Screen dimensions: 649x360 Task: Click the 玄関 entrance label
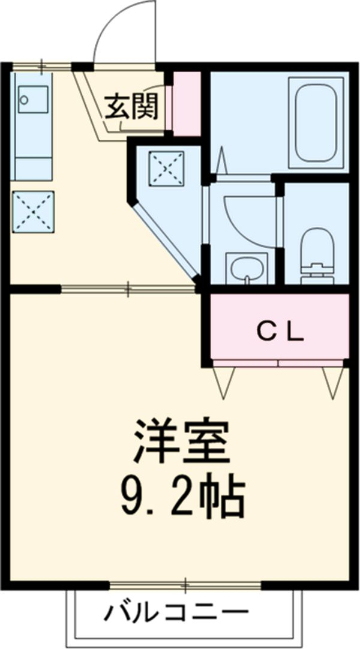tap(133, 107)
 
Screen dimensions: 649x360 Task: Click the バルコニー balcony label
tap(177, 612)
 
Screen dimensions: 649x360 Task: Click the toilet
tap(316, 252)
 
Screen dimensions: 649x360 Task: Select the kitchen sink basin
tap(33, 99)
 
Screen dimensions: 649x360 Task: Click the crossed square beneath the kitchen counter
tap(34, 211)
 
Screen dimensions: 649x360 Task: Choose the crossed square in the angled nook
tap(166, 168)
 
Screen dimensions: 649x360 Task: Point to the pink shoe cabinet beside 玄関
tap(187, 103)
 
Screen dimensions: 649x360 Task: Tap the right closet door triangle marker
tap(333, 381)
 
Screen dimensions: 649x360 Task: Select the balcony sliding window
tap(186, 584)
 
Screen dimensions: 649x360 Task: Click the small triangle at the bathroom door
tap(221, 159)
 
